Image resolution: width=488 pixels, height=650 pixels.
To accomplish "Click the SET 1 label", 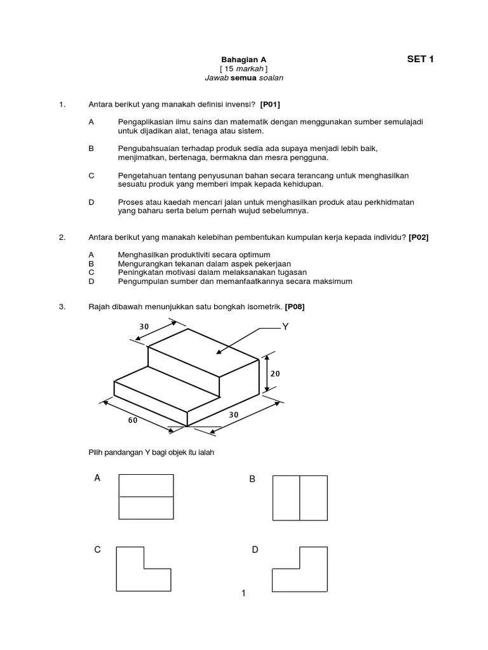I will click(420, 60).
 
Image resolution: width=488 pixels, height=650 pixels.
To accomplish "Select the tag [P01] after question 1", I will click(270, 104).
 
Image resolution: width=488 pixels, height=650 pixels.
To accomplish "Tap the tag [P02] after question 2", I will click(419, 237).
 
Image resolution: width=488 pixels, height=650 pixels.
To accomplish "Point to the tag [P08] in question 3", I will click(295, 307).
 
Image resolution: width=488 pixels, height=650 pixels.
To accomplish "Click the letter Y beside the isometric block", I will click(285, 328).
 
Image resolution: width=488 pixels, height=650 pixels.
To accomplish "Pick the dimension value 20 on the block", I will click(274, 374).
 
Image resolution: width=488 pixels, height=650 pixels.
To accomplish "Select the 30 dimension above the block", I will click(144, 327).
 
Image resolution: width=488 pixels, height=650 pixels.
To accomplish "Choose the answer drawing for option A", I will click(146, 497).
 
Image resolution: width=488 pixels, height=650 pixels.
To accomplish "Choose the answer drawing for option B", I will click(300, 497).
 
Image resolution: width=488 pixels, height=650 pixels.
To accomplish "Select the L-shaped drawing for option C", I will click(143, 569).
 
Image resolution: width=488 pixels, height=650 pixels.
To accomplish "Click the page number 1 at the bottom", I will click(243, 594).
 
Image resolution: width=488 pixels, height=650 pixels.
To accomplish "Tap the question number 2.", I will click(62, 237).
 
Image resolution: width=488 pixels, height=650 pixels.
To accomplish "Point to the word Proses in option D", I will click(130, 202).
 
